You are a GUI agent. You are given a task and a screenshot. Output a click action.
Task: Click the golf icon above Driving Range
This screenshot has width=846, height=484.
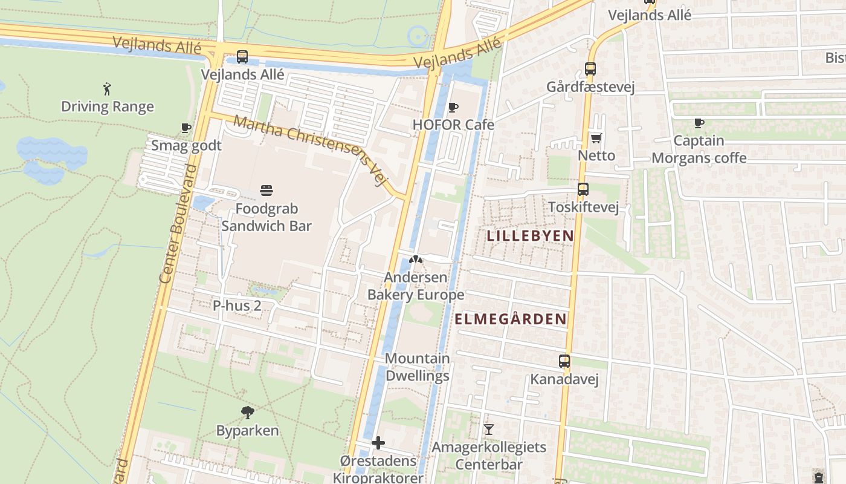click(x=108, y=89)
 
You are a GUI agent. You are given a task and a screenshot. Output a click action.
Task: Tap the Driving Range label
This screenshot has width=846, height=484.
click(x=108, y=107)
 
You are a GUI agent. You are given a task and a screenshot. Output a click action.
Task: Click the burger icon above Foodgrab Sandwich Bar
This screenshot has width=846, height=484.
click(x=266, y=191)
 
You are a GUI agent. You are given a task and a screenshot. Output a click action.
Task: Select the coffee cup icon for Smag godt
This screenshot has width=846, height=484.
click(x=186, y=128)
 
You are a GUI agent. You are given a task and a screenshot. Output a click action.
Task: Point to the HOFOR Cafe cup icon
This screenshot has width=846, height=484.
click(x=453, y=108)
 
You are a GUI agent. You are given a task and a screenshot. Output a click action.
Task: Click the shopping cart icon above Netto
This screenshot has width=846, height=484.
click(x=596, y=138)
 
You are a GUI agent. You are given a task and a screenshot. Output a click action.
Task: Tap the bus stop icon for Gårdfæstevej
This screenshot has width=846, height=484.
click(x=590, y=69)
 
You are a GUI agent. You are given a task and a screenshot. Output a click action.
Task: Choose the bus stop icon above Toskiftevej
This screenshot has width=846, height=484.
click(x=583, y=189)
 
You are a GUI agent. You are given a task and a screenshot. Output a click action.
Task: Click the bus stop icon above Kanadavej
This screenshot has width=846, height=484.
click(x=564, y=362)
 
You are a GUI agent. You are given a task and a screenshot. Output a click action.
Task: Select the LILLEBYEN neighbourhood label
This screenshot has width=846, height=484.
click(x=531, y=236)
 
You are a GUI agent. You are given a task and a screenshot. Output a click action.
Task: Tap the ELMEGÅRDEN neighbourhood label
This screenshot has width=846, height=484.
click(x=511, y=319)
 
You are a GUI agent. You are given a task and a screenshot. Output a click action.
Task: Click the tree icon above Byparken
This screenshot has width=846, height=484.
click(x=247, y=413)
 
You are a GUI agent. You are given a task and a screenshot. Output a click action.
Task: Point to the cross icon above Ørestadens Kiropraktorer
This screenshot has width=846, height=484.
click(x=378, y=443)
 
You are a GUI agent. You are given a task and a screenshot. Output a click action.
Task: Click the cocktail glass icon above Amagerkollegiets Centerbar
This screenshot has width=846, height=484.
click(x=489, y=430)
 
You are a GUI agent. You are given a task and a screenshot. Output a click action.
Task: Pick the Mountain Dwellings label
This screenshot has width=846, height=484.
click(x=418, y=367)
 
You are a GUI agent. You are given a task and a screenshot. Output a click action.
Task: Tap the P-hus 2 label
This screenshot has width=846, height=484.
click(x=237, y=306)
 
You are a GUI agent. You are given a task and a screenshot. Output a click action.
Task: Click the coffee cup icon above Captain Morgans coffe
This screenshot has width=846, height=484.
click(x=699, y=123)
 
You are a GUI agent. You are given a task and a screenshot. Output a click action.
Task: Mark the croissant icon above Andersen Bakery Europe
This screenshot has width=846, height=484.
click(x=415, y=260)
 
